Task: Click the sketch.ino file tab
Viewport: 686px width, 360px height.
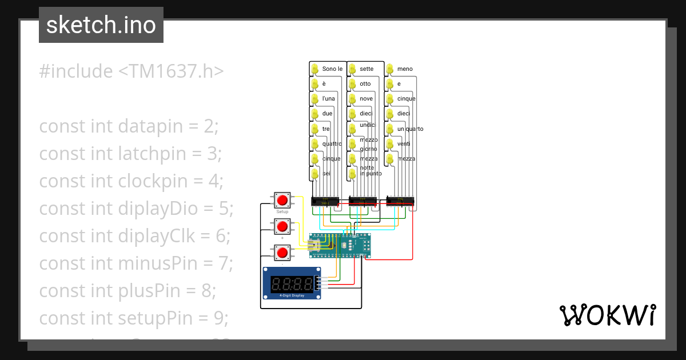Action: click(101, 25)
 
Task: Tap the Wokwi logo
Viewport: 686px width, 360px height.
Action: click(607, 315)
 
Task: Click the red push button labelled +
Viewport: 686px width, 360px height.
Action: click(282, 226)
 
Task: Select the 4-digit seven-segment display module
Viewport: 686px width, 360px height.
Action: click(292, 283)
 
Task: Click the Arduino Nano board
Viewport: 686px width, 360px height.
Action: click(340, 245)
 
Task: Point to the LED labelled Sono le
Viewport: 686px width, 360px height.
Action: click(314, 69)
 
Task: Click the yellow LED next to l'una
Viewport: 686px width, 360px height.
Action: click(314, 99)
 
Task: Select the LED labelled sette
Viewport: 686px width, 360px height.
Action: click(352, 69)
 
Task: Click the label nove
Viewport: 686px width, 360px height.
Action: click(366, 98)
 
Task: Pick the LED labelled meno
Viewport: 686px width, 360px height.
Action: click(390, 69)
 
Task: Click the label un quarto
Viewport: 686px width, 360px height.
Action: click(410, 129)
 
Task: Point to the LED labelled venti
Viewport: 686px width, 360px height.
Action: click(390, 143)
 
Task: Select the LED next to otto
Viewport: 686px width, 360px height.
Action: click(352, 84)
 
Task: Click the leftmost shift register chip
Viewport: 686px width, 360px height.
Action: click(325, 201)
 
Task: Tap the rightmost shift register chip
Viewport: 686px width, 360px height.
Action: click(400, 201)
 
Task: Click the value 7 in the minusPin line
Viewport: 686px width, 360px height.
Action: click(225, 263)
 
